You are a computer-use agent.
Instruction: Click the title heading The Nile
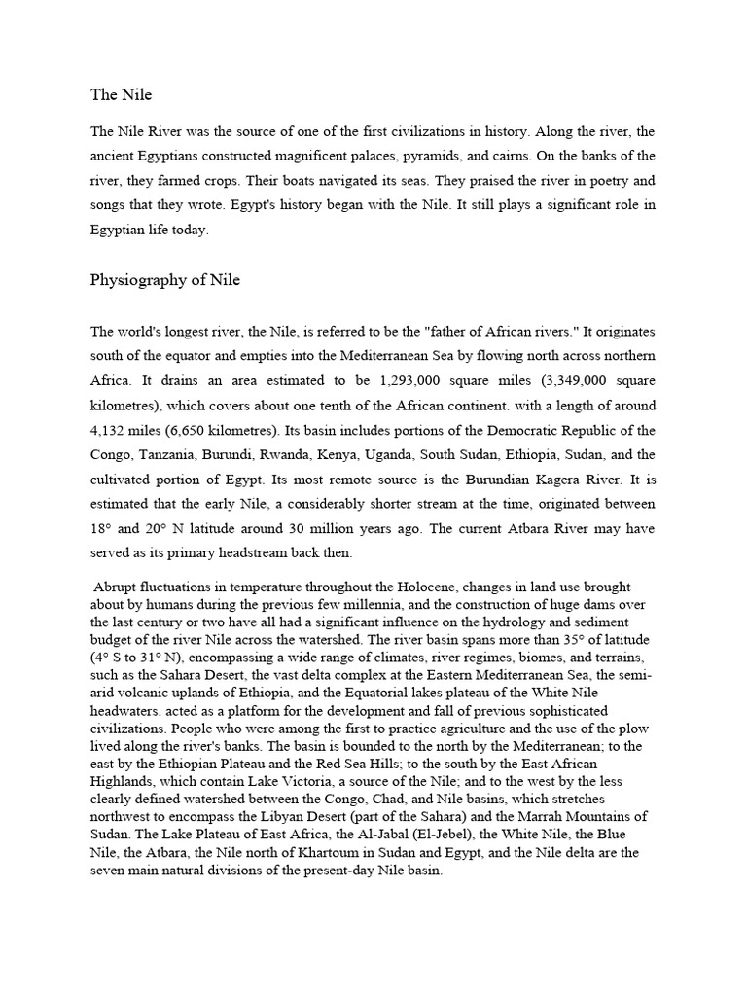pos(122,94)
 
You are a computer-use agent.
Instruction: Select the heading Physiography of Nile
pos(165,280)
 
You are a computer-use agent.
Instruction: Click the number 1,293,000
pos(412,379)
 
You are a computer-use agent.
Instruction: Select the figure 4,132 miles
pos(131,430)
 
